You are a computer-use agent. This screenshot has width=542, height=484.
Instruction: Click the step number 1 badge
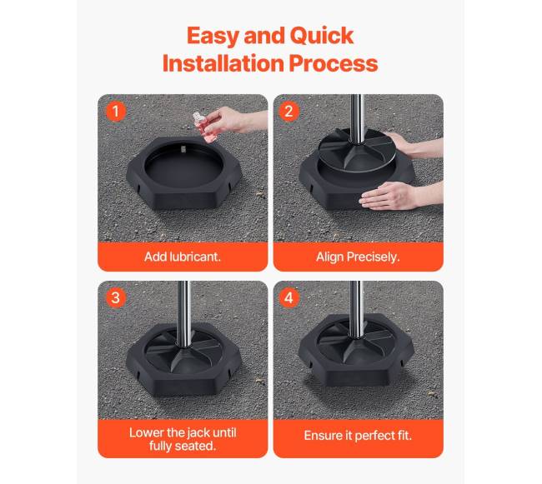[x=115, y=111]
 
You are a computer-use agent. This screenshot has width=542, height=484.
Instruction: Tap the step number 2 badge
[x=289, y=111]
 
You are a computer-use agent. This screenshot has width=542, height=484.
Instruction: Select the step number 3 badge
[x=115, y=297]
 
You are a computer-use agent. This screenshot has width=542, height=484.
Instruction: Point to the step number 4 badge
[x=289, y=297]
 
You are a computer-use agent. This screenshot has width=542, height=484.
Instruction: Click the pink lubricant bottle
[x=204, y=127]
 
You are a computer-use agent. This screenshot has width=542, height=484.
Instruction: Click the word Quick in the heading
[x=322, y=36]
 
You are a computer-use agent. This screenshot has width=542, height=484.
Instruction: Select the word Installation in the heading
[x=223, y=63]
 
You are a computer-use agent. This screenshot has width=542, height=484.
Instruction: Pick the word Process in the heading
[x=334, y=64]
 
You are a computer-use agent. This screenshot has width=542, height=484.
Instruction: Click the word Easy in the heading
[x=213, y=37]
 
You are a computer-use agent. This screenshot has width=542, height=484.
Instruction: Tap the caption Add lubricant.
[x=183, y=257]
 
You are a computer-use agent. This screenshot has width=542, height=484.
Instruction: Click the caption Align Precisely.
[x=358, y=257]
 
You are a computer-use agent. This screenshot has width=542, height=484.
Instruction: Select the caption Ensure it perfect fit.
[x=358, y=436]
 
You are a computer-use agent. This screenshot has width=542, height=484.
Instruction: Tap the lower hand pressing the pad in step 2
[x=398, y=196]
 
